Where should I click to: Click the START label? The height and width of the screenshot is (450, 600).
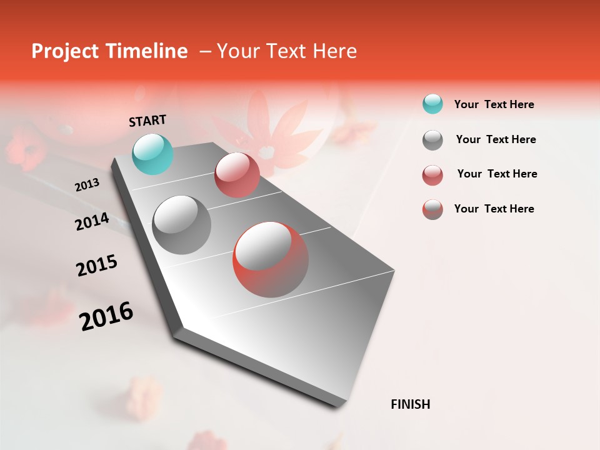point(147,121)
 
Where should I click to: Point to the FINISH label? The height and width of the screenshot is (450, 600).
point(411,404)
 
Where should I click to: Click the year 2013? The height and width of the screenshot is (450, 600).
point(87,185)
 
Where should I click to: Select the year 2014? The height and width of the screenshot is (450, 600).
point(92,222)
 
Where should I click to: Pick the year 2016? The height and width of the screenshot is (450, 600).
point(106,316)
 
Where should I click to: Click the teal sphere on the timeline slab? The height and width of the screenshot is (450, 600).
point(153,154)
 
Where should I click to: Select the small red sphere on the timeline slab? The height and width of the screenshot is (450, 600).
point(237,175)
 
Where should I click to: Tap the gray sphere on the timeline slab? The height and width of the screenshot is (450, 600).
point(182,224)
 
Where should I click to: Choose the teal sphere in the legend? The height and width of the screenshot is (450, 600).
point(432,104)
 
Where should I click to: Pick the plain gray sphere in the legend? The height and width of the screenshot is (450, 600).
point(432,140)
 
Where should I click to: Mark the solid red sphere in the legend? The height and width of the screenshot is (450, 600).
point(432,175)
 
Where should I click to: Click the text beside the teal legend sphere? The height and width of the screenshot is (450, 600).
point(494,104)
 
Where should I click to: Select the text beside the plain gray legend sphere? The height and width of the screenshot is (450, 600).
point(496,139)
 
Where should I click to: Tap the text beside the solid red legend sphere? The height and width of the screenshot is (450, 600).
point(497,174)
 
